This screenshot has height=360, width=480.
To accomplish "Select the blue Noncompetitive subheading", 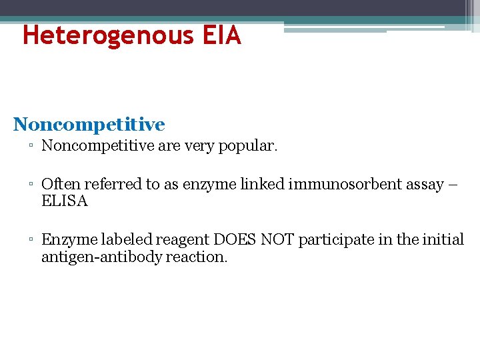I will coord(89,125).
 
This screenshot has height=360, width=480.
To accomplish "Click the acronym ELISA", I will coord(65,201).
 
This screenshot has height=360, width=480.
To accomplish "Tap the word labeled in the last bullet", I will coord(129,240).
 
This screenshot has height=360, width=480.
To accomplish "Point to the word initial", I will coord(443,240).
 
